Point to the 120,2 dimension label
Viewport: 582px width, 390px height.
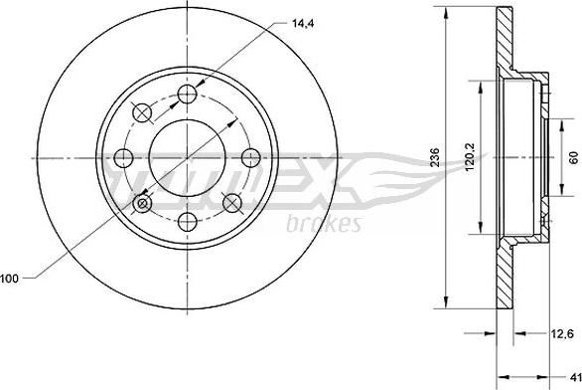coord(472,156)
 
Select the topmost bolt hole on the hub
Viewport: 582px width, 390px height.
coord(188,96)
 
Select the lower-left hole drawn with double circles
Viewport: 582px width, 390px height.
coord(143,203)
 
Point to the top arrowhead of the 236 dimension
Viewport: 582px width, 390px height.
coord(445,13)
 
